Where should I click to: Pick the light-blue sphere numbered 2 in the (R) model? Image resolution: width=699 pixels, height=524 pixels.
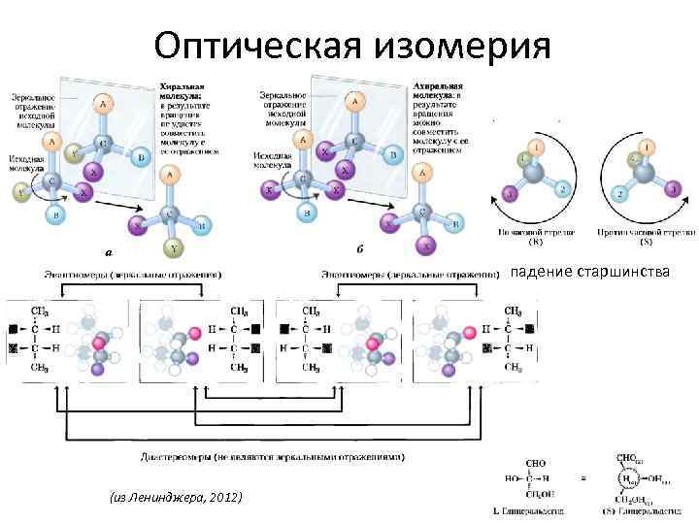coord(562,189)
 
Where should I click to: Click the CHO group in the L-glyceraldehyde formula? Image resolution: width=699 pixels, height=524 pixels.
coord(534,464)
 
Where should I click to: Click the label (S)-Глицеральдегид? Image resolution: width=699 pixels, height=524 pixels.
coord(645,511)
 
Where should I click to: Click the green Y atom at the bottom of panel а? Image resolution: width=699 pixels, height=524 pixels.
coord(175,248)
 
